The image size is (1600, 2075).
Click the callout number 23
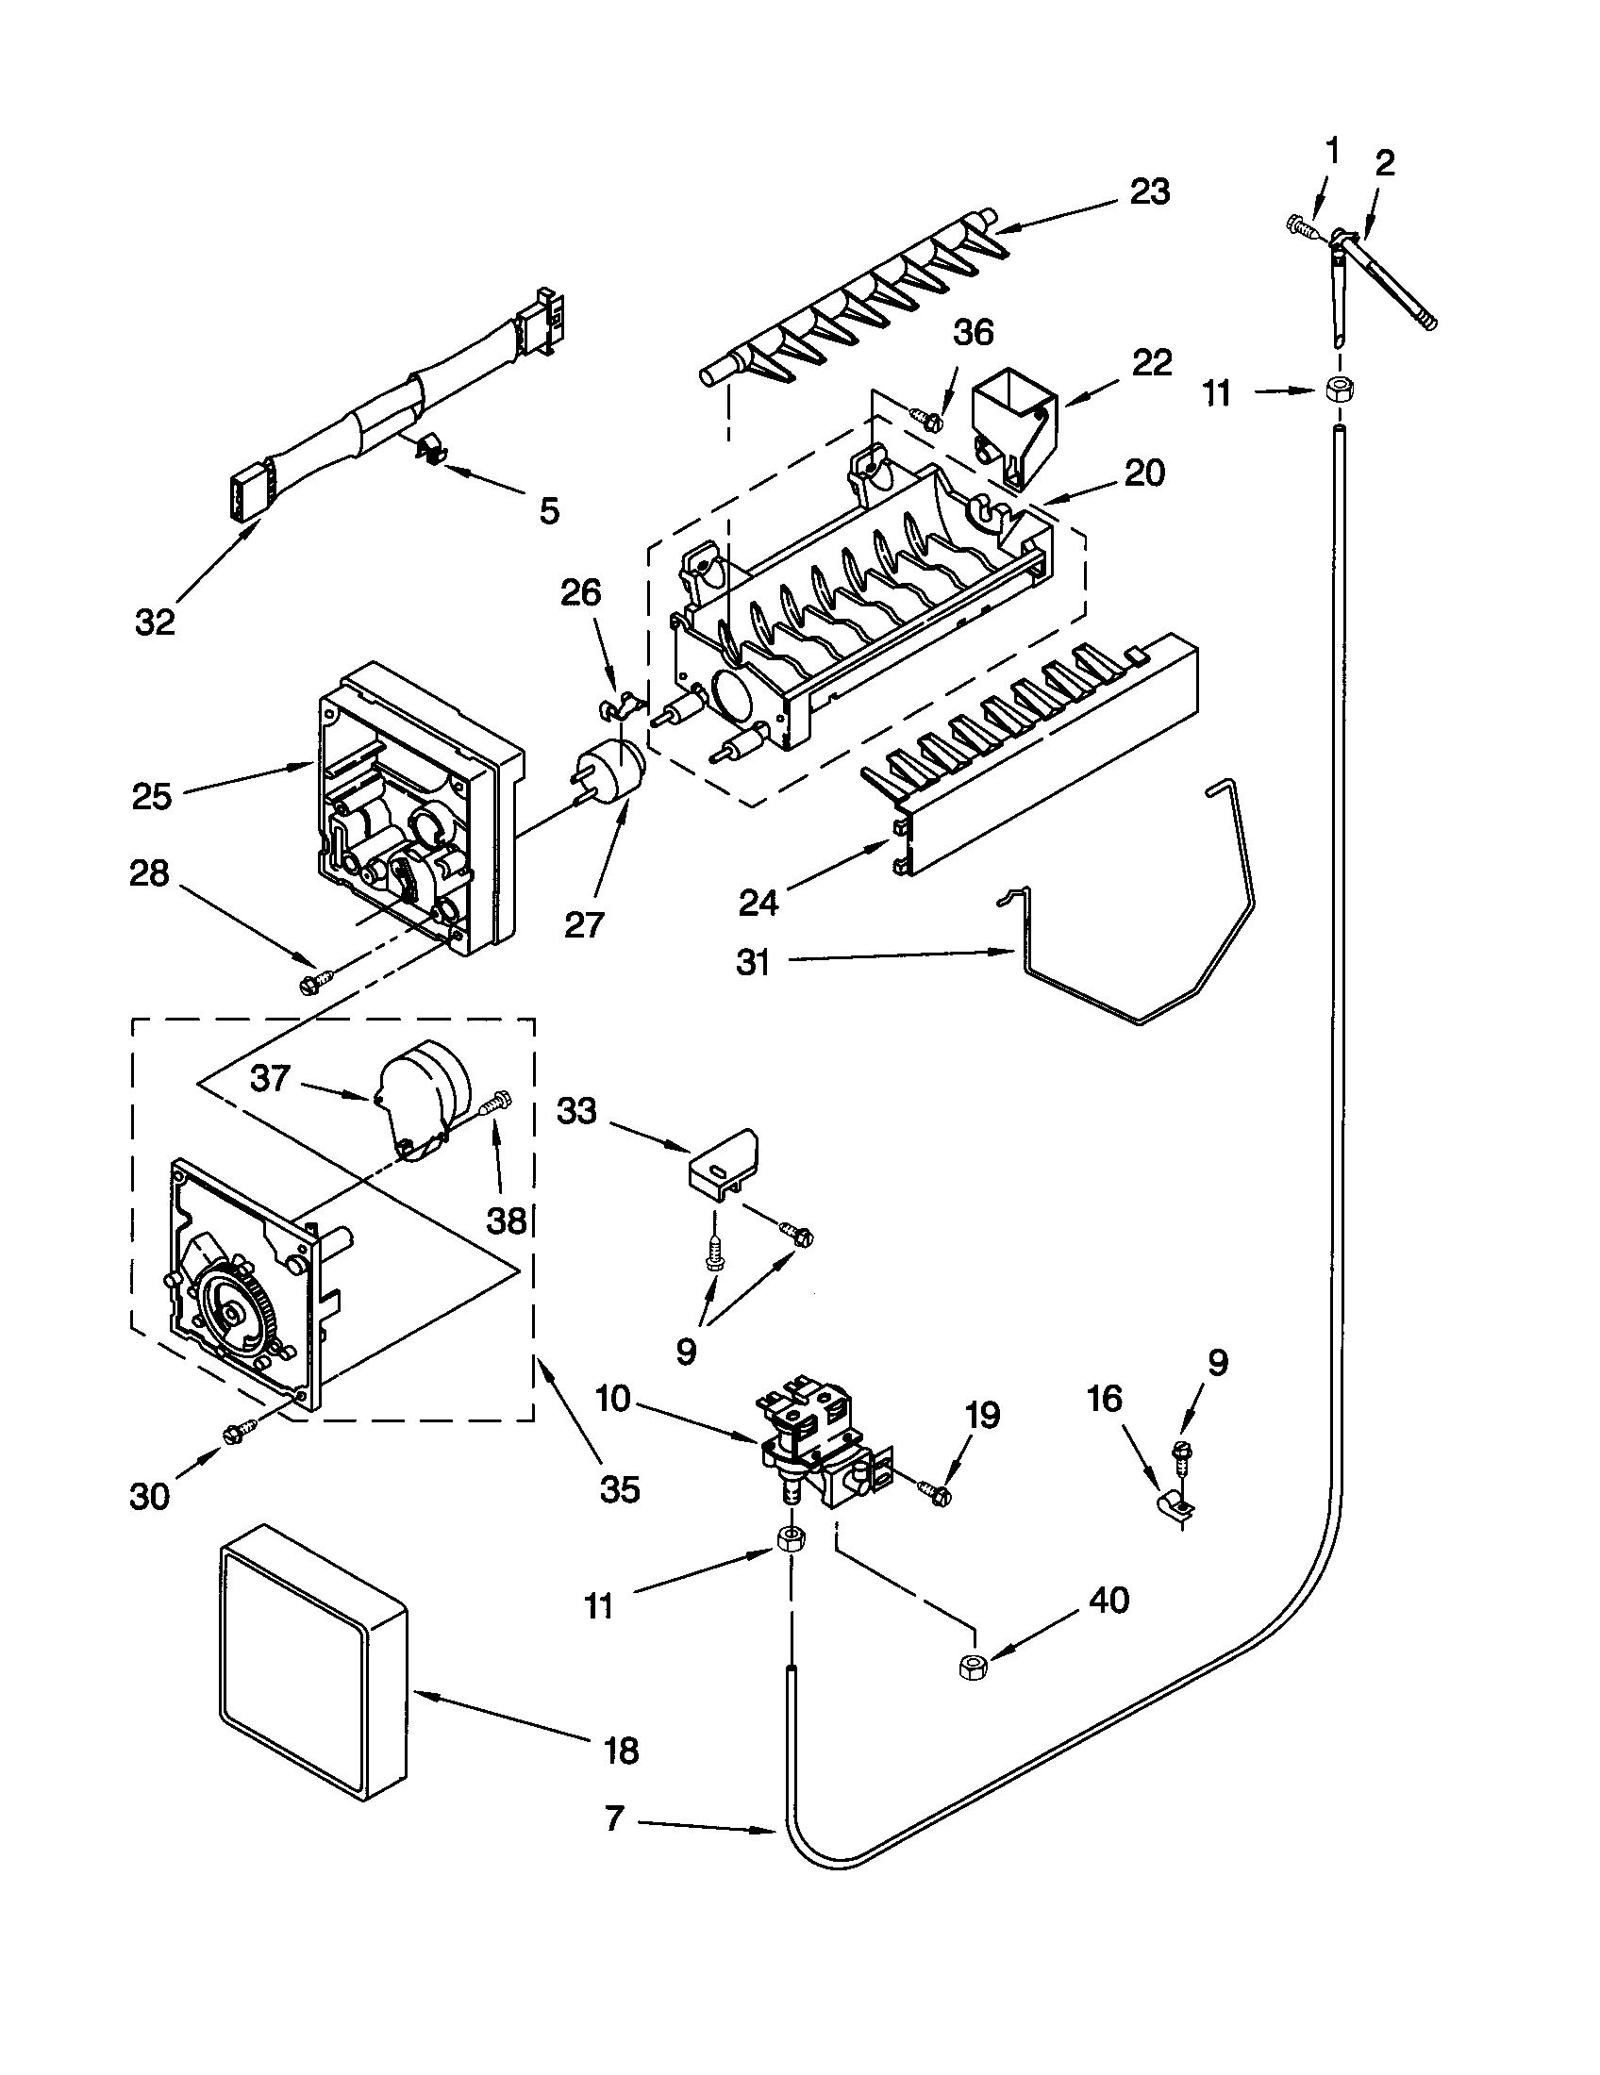pos(1149,191)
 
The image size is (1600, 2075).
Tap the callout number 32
pos(155,622)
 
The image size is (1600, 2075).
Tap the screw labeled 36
pos(926,416)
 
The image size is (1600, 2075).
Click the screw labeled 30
pos(239,1431)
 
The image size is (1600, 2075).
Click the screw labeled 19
pos(934,1493)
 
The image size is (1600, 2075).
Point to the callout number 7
pos(615,1818)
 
